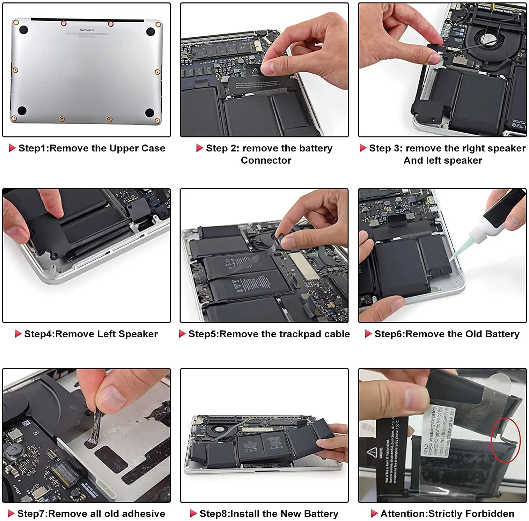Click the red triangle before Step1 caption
tap(12, 148)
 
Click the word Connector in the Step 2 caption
tap(266, 160)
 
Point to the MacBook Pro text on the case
tap(87, 30)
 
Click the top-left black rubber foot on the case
tap(23, 30)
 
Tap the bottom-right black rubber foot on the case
tap(150, 113)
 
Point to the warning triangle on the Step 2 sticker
tap(255, 71)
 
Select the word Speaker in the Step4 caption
tap(140, 334)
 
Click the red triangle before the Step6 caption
tap(368, 334)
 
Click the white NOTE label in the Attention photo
tap(437, 432)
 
